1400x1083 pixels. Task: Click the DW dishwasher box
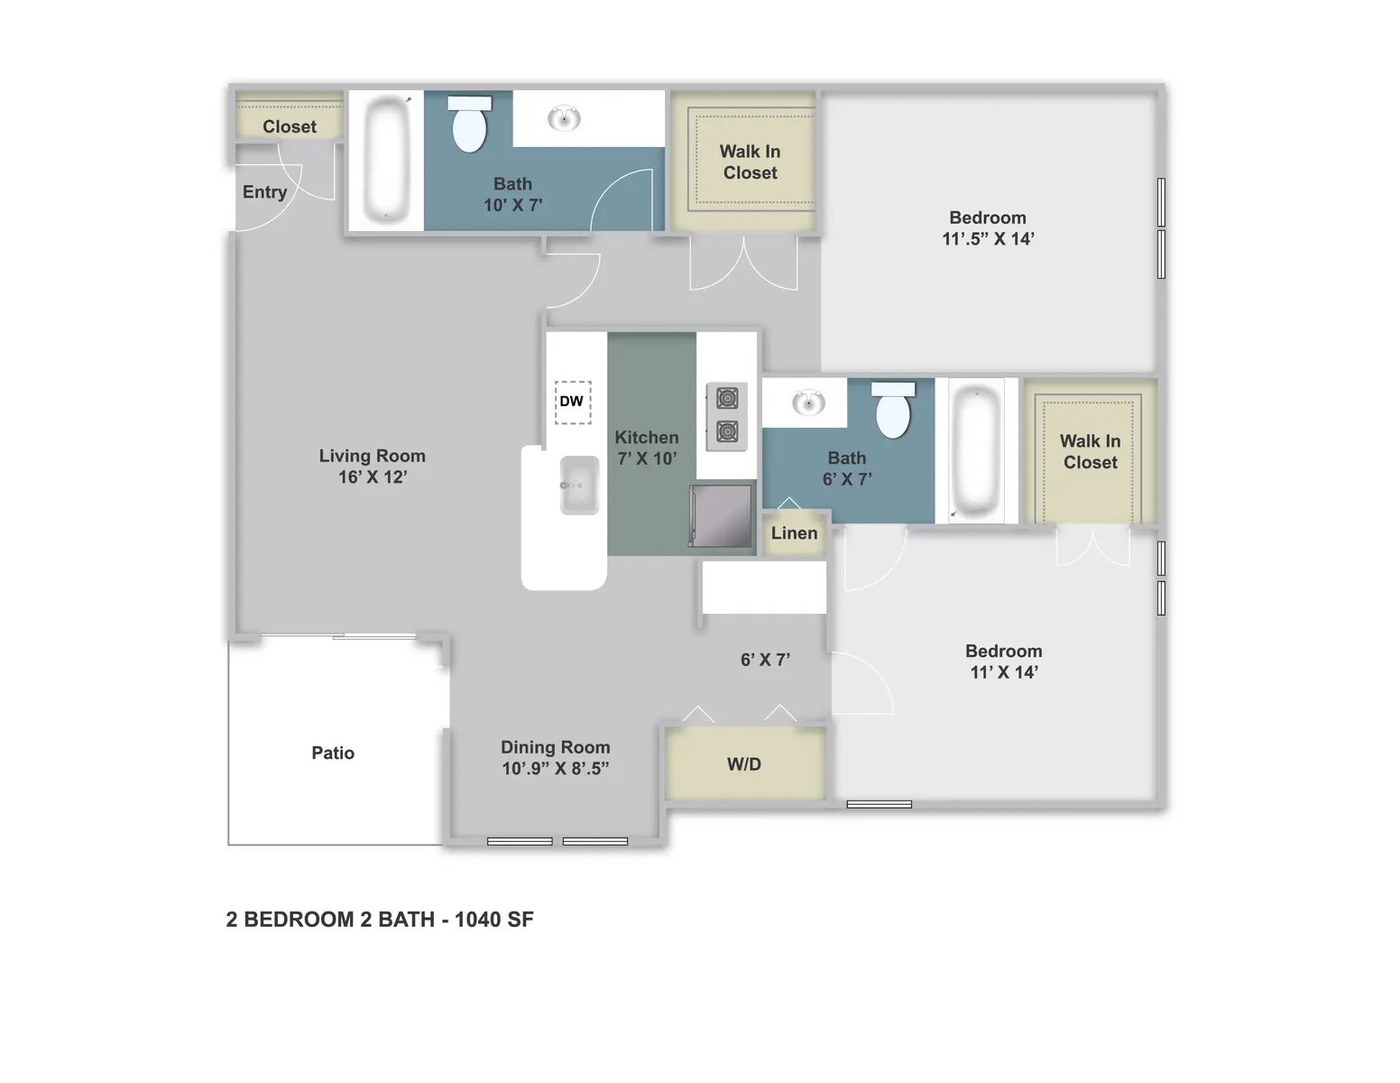pos(572,402)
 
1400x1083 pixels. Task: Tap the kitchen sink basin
pos(579,485)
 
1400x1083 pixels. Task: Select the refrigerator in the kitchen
pos(721,516)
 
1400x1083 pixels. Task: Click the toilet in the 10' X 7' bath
pos(469,124)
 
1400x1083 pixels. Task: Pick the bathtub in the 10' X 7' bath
pos(386,159)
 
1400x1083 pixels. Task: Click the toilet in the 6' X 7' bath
pos(893,410)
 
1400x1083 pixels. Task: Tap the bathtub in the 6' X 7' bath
pos(976,450)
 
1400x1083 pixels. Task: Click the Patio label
pos(333,753)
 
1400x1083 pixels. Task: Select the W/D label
pos(744,764)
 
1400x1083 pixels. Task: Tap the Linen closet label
pos(794,532)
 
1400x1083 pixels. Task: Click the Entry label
pos(265,192)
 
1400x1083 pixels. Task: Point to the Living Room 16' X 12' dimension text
pos(373,477)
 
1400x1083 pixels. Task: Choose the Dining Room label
pos(556,747)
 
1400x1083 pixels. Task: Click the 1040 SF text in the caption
pos(494,920)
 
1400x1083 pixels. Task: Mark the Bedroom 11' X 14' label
pos(1004,662)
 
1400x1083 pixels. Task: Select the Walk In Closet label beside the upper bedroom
pos(750,162)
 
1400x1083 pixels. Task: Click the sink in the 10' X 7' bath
pos(564,118)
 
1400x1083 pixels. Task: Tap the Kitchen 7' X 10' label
pos(647,448)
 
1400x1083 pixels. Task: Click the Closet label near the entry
pos(290,126)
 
